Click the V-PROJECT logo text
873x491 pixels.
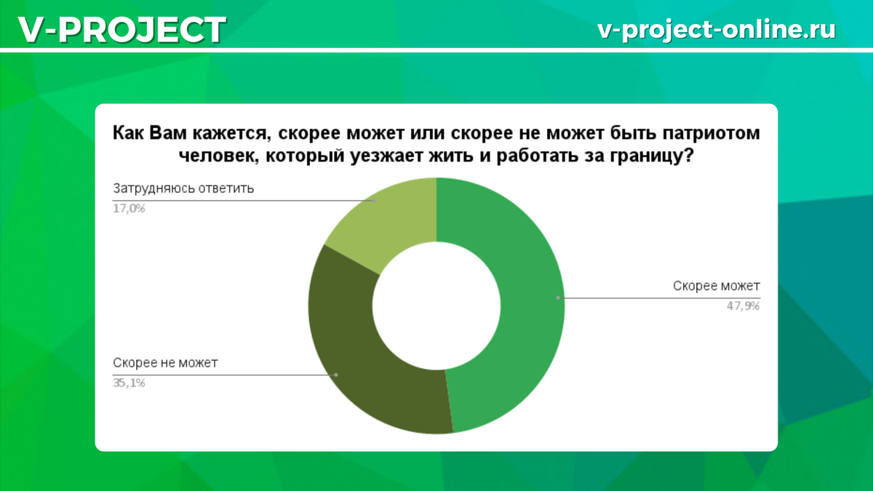click(x=122, y=30)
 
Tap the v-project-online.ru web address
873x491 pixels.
click(x=717, y=30)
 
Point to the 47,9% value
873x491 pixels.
click(x=744, y=306)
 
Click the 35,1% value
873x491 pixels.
click(x=129, y=383)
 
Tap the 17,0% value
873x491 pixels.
click(x=129, y=209)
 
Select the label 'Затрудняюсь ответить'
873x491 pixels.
click(x=183, y=188)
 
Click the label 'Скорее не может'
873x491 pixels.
click(x=165, y=363)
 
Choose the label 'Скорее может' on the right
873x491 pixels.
click(x=717, y=286)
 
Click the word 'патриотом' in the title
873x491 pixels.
click(x=711, y=133)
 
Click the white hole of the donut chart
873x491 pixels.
click(x=436, y=306)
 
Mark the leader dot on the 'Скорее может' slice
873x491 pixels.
click(x=558, y=298)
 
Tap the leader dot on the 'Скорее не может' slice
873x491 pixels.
click(x=336, y=375)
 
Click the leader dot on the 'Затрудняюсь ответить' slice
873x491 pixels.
click(x=374, y=201)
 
